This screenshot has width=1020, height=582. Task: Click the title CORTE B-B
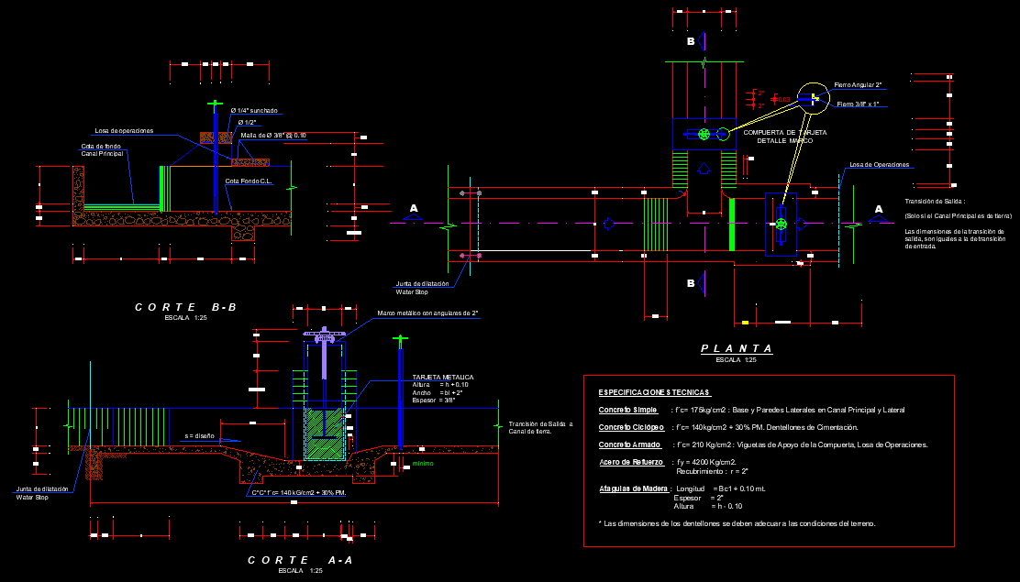pyautogui.click(x=185, y=307)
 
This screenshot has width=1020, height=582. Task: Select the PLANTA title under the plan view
pyautogui.click(x=736, y=349)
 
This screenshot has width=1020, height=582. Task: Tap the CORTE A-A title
pyautogui.click(x=300, y=559)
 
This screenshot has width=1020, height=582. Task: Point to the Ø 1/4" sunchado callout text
pyautogui.click(x=254, y=111)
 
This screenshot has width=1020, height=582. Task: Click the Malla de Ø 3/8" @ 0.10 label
pyautogui.click(x=272, y=136)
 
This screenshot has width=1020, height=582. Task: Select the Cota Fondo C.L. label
pyautogui.click(x=249, y=181)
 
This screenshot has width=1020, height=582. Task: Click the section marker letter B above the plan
pyautogui.click(x=692, y=42)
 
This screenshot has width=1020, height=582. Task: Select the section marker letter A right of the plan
pyautogui.click(x=878, y=209)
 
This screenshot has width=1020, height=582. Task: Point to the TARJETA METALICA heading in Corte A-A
pyautogui.click(x=443, y=377)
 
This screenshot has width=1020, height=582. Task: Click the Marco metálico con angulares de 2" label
pyautogui.click(x=427, y=313)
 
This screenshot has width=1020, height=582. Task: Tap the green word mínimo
pyautogui.click(x=423, y=464)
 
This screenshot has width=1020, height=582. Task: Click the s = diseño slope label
pyautogui.click(x=200, y=435)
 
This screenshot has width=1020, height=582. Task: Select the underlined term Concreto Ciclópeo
pyautogui.click(x=632, y=427)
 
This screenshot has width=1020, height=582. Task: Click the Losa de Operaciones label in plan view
pyautogui.click(x=879, y=165)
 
